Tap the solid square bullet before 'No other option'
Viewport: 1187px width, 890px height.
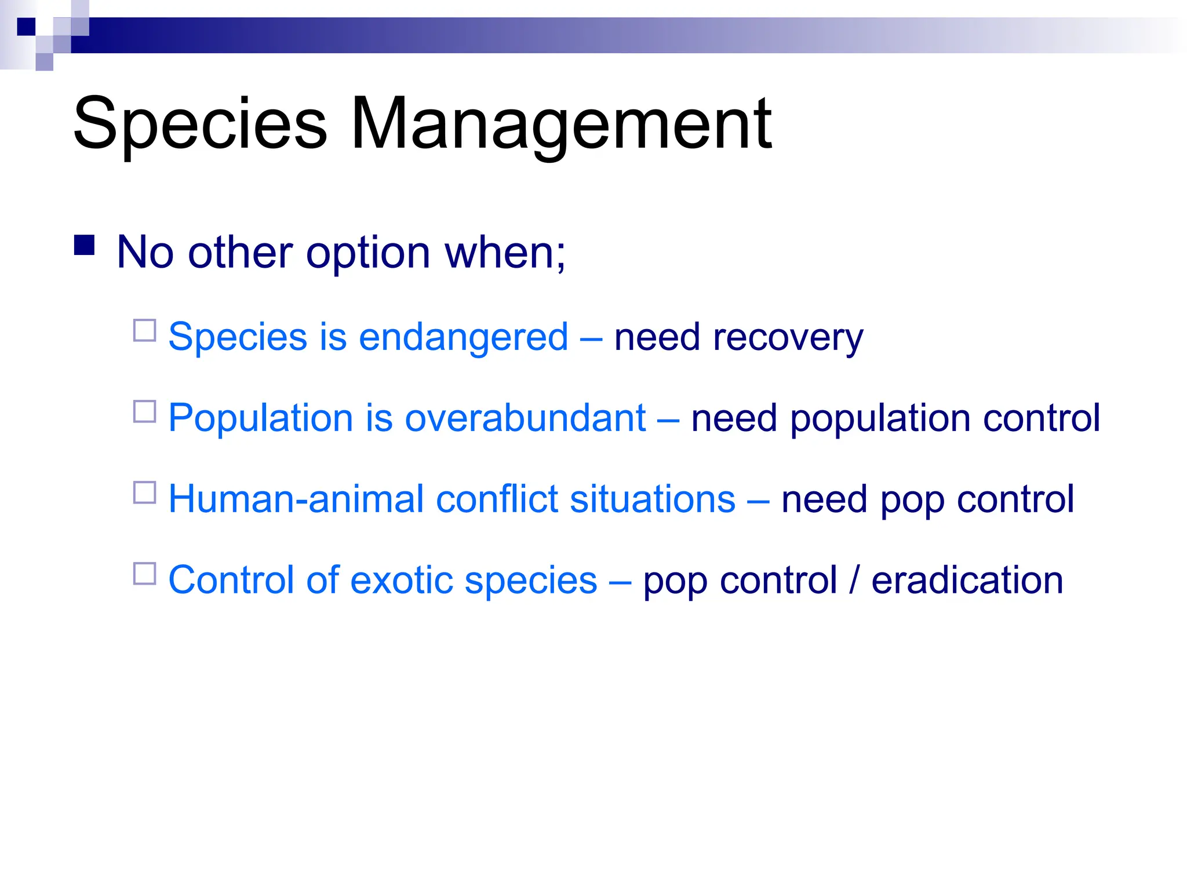(85, 246)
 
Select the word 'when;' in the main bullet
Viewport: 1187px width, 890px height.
(505, 253)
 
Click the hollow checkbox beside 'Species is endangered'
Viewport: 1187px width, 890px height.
(145, 330)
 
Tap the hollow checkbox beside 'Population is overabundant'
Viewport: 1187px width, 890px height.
(145, 411)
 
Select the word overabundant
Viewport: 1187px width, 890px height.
(525, 418)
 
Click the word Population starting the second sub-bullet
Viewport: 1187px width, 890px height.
(260, 418)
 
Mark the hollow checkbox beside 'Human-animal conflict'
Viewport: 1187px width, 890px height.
(145, 493)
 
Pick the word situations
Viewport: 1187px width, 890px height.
(653, 499)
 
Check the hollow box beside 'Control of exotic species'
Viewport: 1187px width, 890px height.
(145, 574)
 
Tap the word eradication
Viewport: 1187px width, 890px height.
(967, 580)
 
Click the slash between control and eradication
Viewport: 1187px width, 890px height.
(854, 580)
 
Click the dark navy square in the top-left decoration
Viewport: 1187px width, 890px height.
(26, 27)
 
